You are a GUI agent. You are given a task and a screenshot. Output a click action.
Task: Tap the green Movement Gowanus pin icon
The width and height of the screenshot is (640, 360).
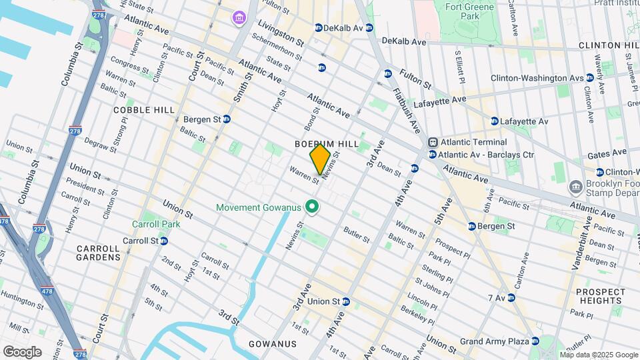click(x=311, y=208)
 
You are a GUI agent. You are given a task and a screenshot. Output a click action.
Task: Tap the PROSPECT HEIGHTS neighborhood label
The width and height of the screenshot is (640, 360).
click(x=601, y=297)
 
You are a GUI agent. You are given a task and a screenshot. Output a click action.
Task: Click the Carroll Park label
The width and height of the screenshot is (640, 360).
click(x=156, y=225)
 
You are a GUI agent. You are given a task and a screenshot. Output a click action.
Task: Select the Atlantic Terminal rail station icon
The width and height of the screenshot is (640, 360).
click(x=433, y=142)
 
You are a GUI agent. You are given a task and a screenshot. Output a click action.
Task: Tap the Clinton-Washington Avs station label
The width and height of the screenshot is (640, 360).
click(x=537, y=78)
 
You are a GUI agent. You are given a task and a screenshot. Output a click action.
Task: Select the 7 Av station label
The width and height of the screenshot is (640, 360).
click(x=497, y=297)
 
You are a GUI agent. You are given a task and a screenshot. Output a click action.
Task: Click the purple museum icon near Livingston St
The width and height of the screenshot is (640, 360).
click(x=239, y=17)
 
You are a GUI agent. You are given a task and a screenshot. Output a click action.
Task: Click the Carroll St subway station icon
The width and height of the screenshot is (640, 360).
click(x=163, y=241)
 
